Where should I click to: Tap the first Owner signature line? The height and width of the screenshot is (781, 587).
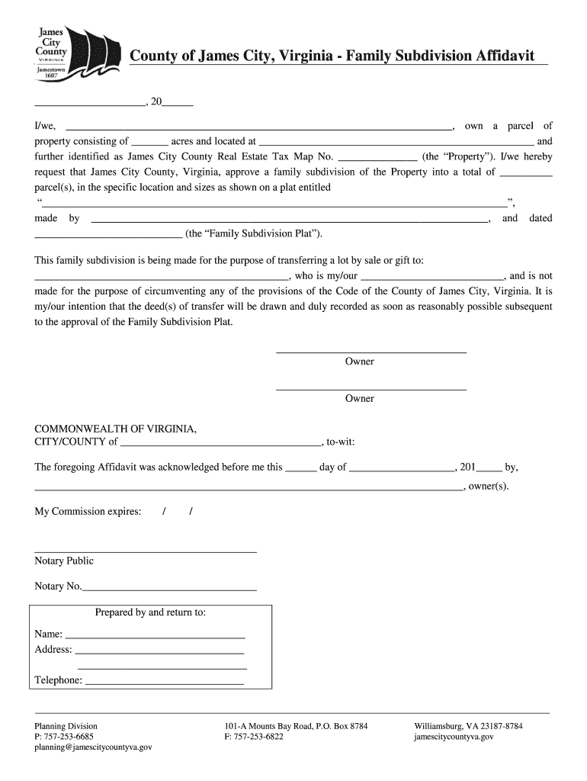[x=370, y=351]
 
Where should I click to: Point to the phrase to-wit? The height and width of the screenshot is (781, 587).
[x=340, y=442]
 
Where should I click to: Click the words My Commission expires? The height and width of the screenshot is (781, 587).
[x=88, y=511]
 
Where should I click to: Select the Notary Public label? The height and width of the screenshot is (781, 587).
[x=64, y=561]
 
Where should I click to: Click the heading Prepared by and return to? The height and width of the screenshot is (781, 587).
[x=150, y=612]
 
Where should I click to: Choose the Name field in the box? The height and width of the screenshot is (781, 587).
[x=156, y=635]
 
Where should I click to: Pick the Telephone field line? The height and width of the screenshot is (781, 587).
[x=164, y=681]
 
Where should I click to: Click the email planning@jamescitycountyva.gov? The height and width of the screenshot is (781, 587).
[x=93, y=747]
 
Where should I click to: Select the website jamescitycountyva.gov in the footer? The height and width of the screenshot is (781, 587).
[x=454, y=737]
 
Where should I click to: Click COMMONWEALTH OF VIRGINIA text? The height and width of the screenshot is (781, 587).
[x=116, y=429]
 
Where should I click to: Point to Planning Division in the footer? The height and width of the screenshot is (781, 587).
[x=66, y=726]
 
